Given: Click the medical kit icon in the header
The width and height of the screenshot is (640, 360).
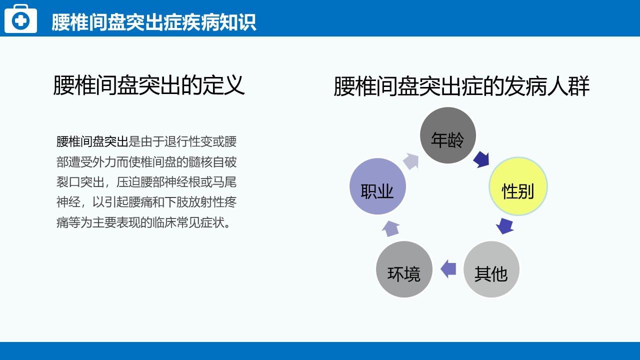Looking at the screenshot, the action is (20, 19).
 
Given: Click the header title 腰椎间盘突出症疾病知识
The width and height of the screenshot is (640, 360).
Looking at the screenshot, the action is (153, 22).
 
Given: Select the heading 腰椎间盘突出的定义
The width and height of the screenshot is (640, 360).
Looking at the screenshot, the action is (149, 85).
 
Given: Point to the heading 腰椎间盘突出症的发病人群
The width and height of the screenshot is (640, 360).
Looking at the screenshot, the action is (461, 86).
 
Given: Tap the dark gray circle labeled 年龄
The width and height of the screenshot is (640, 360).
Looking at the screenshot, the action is (447, 135).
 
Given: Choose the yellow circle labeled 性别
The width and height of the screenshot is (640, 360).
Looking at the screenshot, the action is (518, 186).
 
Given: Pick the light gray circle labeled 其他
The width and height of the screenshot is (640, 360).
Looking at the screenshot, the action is (491, 269).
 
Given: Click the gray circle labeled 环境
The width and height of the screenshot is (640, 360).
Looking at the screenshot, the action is (404, 269).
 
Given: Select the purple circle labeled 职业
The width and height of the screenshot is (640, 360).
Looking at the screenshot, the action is (377, 186).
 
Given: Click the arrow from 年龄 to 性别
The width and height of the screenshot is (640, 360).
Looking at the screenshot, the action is (482, 159).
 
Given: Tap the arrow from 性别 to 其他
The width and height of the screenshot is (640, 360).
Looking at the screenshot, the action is (504, 226).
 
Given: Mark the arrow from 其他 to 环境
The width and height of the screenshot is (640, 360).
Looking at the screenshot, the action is (448, 269).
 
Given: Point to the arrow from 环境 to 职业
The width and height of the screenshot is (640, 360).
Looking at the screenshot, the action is (390, 228).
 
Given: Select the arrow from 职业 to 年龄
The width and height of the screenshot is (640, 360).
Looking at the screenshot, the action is (411, 161).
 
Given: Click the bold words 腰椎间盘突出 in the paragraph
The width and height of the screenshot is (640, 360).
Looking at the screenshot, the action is (92, 141).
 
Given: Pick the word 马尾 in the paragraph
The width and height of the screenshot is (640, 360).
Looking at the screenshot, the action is (224, 182).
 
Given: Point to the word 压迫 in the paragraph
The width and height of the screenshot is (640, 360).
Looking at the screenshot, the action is (128, 182).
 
